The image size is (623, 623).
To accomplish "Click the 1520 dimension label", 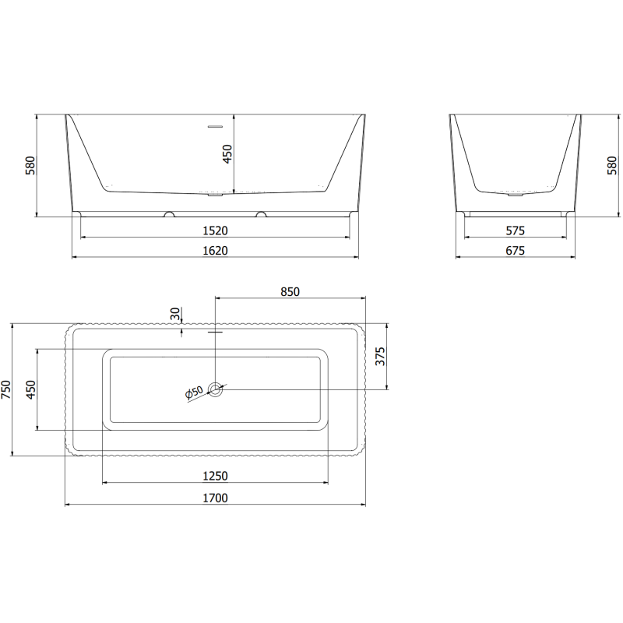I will [x=216, y=231].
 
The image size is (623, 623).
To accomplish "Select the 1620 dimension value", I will [x=216, y=250].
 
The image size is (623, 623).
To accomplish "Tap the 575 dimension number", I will [x=516, y=231].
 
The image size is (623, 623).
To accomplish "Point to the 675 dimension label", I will [x=516, y=250].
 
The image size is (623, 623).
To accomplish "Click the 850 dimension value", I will [x=290, y=291].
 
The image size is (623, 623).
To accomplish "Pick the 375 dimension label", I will [x=380, y=357].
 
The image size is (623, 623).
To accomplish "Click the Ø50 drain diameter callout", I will [x=194, y=392].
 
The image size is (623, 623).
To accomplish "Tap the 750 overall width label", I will [x=6, y=389].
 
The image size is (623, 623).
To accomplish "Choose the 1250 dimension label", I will [x=215, y=476].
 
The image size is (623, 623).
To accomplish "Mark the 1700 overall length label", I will [x=215, y=498].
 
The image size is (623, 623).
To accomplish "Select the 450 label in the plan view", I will [x=30, y=389].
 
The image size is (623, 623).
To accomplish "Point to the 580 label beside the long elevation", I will [x=30, y=165].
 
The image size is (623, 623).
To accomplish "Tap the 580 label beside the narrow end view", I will [x=611, y=165].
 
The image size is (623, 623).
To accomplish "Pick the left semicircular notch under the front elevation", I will [x=168, y=213].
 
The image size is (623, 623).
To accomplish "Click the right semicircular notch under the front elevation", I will [x=261, y=213].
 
